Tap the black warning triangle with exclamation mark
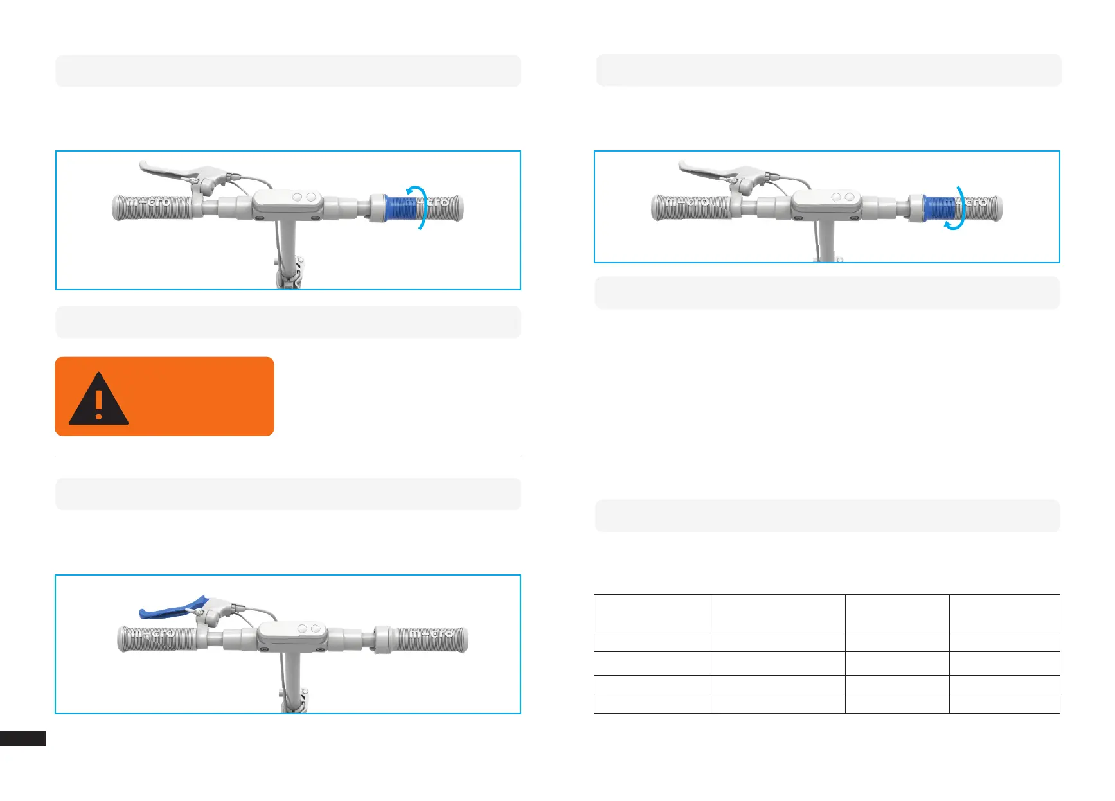click(98, 400)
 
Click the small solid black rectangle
click(22, 739)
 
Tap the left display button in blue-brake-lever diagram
click(302, 628)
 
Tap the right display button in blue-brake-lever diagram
click(315, 628)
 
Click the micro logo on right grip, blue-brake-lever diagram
click(432, 634)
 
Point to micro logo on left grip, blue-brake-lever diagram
click(153, 633)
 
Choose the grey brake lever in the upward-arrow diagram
click(174, 170)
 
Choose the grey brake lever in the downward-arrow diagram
click(712, 170)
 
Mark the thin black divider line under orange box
click(288, 457)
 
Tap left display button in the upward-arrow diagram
click(298, 197)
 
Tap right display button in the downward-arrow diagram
click(850, 197)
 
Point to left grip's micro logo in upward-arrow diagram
click(149, 202)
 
